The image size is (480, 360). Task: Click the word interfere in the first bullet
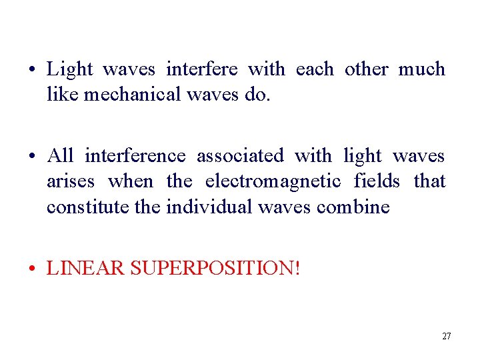tap(207, 69)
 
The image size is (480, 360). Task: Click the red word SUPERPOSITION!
tap(215, 269)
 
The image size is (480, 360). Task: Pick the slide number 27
tap(446, 336)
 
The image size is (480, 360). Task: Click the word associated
tap(240, 156)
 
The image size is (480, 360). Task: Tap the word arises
tap(71, 181)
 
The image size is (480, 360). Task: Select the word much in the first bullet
tap(421, 69)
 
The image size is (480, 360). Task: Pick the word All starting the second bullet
tap(60, 156)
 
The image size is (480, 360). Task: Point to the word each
tap(315, 69)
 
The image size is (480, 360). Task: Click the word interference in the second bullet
tap(135, 156)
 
